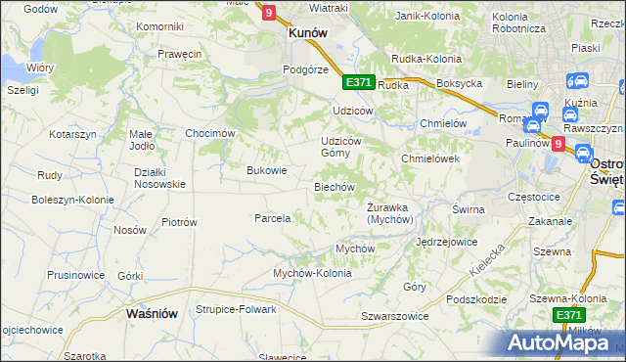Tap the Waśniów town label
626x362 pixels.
tap(152, 314)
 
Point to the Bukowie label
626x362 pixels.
tap(266, 170)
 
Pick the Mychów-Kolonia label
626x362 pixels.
tap(311, 273)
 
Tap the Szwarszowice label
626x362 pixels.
tap(394, 317)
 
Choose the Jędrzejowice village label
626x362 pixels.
tap(446, 241)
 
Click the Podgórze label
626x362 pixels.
tap(303, 69)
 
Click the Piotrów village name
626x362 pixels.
tap(179, 222)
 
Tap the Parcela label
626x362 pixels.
tap(273, 218)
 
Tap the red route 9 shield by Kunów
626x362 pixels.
tap(268, 13)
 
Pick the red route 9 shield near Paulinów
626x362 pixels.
tap(558, 144)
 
